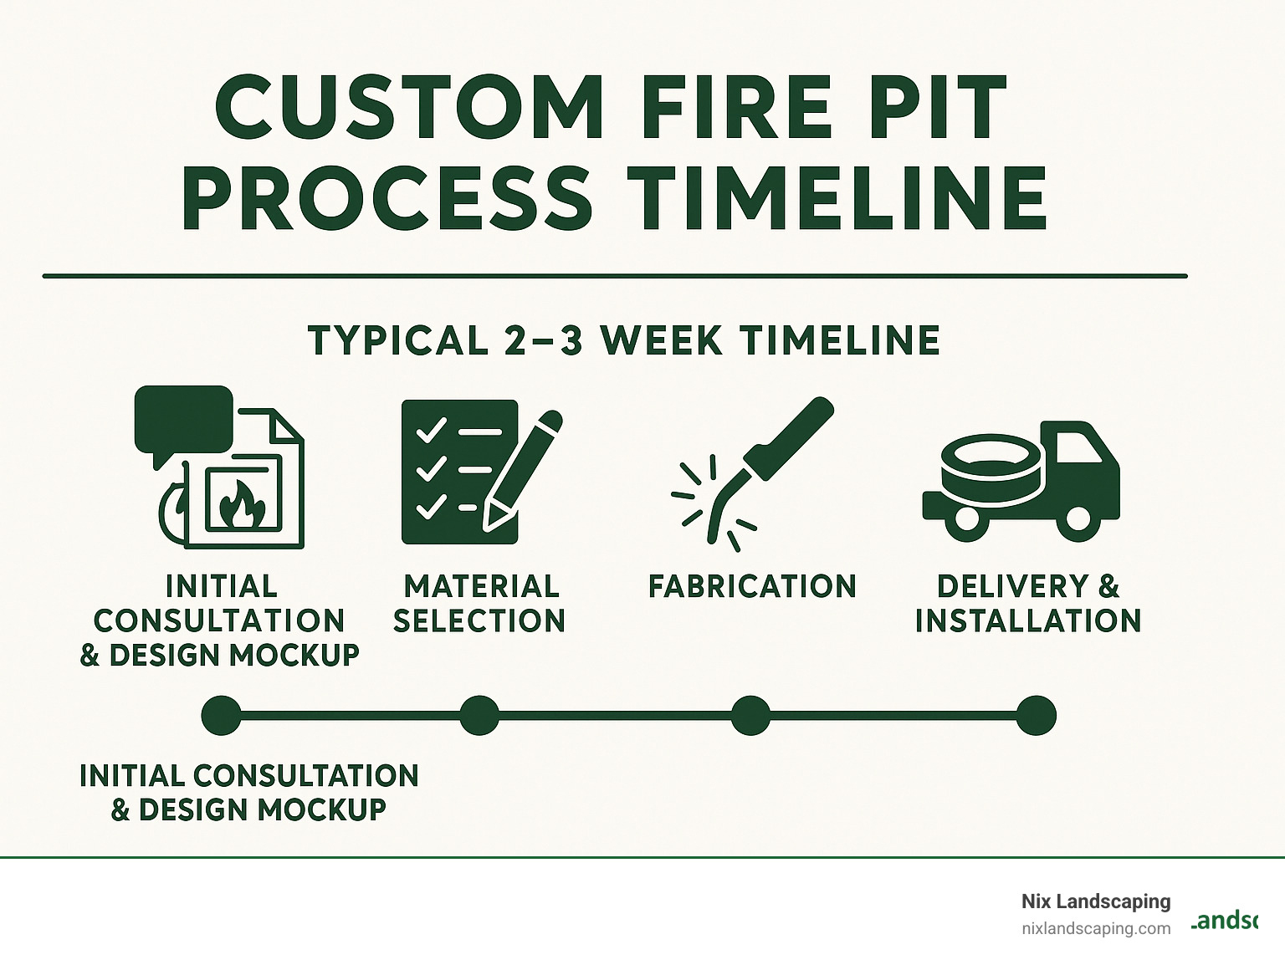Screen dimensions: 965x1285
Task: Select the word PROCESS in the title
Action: click(387, 199)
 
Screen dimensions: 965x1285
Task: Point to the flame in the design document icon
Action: click(242, 505)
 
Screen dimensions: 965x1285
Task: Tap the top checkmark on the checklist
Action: click(431, 431)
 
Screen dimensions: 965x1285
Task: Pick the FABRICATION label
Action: click(752, 586)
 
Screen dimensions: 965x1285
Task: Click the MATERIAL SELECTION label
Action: click(480, 603)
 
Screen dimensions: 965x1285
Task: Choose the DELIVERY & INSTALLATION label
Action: click(1028, 603)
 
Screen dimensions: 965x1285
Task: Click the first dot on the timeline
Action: click(222, 715)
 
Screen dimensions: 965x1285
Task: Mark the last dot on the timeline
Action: click(1036, 715)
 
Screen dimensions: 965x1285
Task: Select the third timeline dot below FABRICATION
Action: click(750, 715)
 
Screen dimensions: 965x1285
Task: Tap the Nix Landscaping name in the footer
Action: click(1095, 901)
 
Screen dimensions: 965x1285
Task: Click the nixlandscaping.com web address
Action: click(1095, 928)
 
